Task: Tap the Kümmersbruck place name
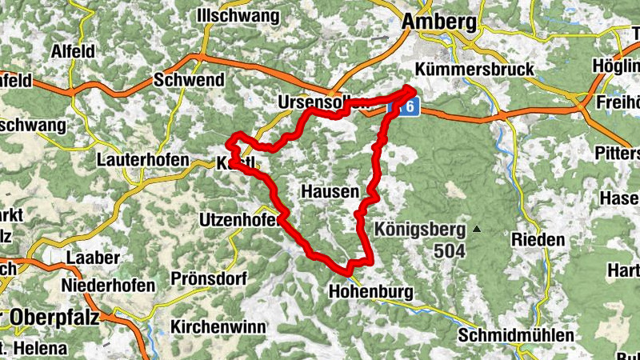[475, 70]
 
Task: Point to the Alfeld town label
[73, 50]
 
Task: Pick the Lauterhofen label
[142, 160]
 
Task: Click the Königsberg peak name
[419, 230]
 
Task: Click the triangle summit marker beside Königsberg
[477, 230]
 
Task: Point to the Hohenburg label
[370, 292]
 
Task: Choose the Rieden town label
[538, 239]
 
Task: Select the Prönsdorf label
[207, 279]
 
